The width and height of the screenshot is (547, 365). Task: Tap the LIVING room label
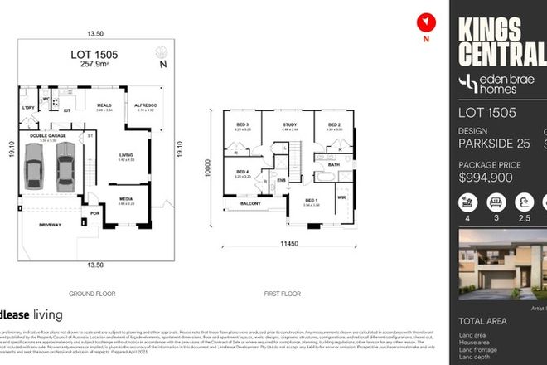click(128, 154)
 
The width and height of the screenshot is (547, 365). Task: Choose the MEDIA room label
click(127, 198)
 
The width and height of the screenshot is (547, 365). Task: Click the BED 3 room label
click(242, 124)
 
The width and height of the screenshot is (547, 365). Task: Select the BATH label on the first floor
click(333, 164)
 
